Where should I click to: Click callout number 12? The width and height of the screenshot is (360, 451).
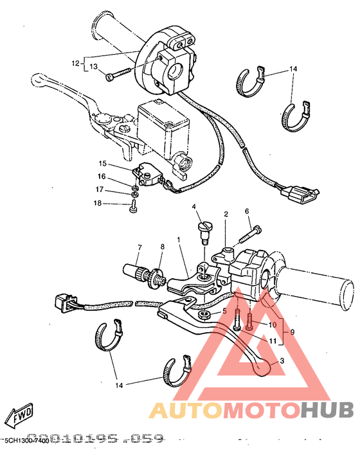pos(75,64)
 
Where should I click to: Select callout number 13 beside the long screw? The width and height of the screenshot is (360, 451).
pos(93,67)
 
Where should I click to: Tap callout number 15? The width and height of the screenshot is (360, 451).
pos(102,164)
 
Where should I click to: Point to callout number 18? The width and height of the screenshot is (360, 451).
pos(96,203)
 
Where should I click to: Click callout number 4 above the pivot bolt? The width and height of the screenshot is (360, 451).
pos(192,207)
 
